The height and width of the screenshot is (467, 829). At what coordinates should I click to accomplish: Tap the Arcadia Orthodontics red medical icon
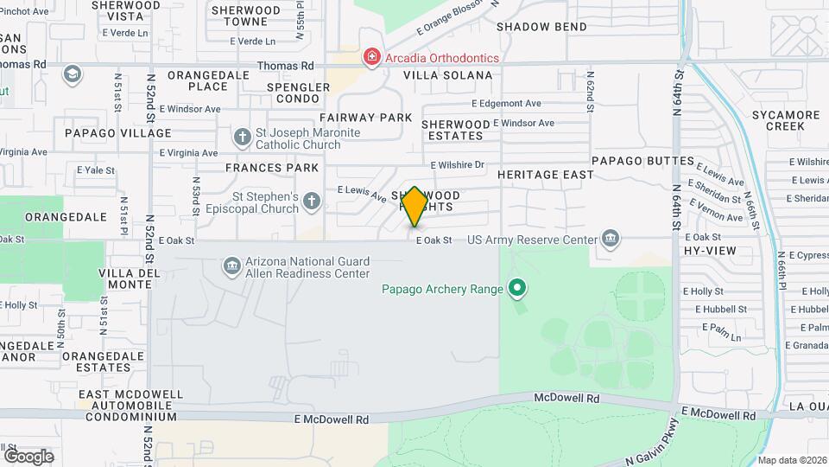372,58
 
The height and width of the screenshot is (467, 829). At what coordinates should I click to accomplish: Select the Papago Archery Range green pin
517,287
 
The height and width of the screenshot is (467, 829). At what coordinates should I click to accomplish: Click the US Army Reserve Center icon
611,238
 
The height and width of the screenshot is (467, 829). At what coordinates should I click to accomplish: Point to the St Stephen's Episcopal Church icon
312,202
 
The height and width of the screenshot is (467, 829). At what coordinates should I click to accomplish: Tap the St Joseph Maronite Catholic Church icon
243,138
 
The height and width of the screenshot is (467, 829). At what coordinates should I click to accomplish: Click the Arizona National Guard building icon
231,265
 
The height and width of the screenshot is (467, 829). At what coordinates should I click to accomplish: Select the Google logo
28,456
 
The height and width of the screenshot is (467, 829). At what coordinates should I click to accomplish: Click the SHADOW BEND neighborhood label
541,27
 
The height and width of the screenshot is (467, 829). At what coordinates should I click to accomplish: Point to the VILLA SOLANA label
448,75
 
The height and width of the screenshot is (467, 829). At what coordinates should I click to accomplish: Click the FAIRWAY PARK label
365,117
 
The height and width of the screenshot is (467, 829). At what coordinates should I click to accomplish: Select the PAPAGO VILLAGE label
118,133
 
